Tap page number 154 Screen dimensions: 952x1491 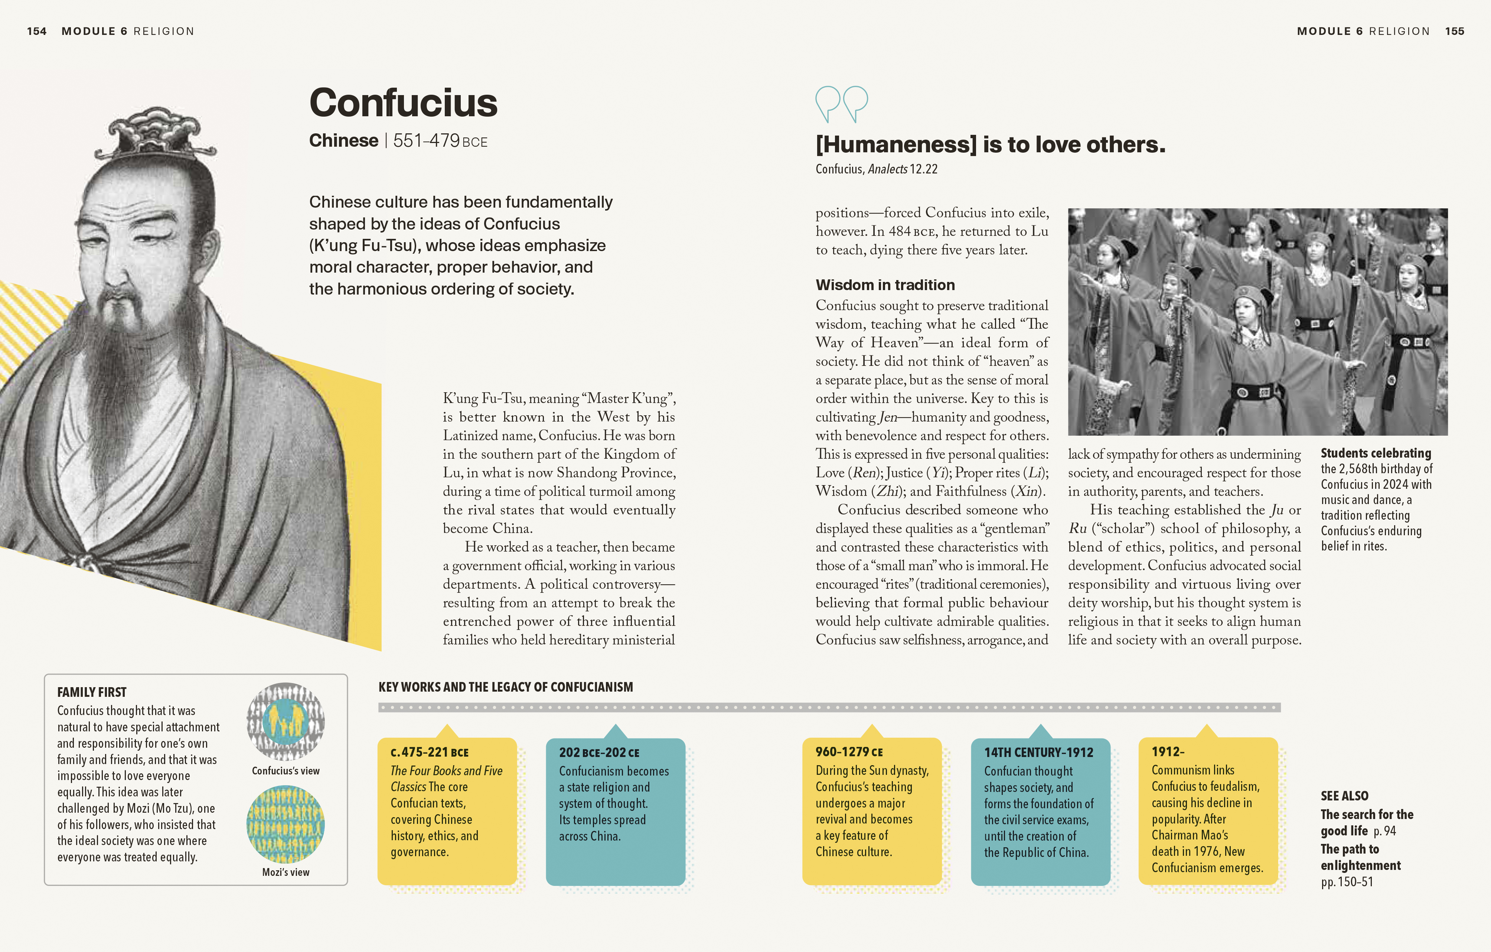coord(36,31)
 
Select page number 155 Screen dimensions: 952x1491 coord(1455,31)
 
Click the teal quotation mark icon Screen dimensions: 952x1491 coord(842,103)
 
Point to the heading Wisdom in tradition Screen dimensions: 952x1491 coord(885,285)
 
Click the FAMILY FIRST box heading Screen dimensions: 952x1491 coord(92,692)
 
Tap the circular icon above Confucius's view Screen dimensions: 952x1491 coord(286,722)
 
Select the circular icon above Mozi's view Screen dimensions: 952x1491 coord(286,824)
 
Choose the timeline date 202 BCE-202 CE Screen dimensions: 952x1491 coord(599,753)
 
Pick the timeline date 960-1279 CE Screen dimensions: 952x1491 coord(849,752)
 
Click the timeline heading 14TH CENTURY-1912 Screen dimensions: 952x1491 coord(1038,753)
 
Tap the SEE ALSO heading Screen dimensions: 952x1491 coord(1344,796)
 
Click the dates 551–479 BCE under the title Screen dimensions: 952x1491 coord(440,141)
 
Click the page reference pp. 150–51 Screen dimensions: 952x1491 coord(1347,881)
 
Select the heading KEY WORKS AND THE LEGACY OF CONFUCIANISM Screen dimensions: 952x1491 coord(505,687)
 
